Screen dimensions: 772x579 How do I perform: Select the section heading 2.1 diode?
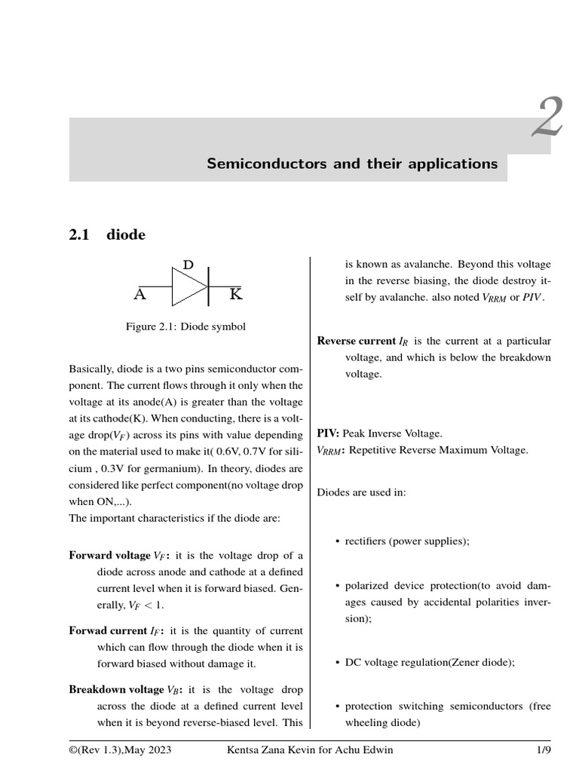(107, 235)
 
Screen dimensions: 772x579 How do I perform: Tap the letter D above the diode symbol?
(188, 265)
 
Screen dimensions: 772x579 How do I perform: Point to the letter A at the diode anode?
(139, 295)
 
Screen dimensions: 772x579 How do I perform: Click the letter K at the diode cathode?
(236, 295)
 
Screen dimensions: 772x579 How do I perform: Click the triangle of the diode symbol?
(188, 287)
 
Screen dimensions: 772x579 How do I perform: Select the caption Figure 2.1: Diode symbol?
(185, 327)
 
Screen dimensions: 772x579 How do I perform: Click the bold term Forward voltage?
(109, 556)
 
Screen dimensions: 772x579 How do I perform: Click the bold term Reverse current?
(356, 342)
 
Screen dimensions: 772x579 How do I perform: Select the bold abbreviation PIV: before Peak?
(328, 433)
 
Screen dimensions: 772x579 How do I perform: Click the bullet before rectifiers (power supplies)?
(335, 541)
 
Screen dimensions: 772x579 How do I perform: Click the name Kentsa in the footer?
(244, 750)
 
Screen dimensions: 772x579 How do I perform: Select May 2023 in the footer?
(141, 750)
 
